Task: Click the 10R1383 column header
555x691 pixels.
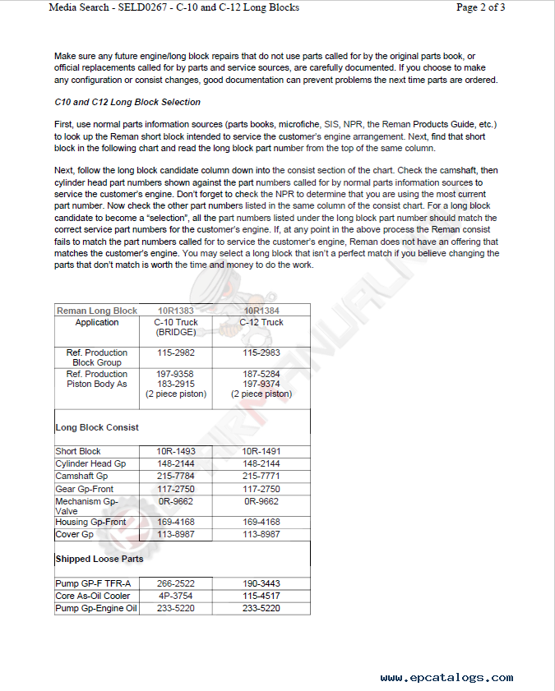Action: [175, 311]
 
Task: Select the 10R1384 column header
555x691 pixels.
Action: [261, 311]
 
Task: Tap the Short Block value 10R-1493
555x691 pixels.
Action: [175, 451]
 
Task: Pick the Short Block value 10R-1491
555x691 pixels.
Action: [261, 451]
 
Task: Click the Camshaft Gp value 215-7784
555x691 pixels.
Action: [175, 476]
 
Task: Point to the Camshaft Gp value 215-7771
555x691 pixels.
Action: [261, 476]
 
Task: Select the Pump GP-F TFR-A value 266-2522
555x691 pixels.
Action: [175, 583]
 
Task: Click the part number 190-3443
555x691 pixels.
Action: [261, 583]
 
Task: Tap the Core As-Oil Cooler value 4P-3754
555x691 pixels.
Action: [175, 596]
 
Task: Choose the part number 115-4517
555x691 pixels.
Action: [261, 596]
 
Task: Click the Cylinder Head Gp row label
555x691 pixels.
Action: [90, 463]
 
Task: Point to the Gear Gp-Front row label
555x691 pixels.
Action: [85, 488]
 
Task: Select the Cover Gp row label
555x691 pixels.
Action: [74, 534]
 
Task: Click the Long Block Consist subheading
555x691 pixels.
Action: [97, 427]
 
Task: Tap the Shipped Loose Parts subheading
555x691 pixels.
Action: [99, 559]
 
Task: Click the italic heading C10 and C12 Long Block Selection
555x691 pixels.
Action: [127, 103]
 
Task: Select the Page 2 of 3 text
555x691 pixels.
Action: [480, 7]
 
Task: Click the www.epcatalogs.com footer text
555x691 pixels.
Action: [446, 678]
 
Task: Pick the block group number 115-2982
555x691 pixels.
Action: [175, 352]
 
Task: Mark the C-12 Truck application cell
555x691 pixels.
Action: [261, 322]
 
